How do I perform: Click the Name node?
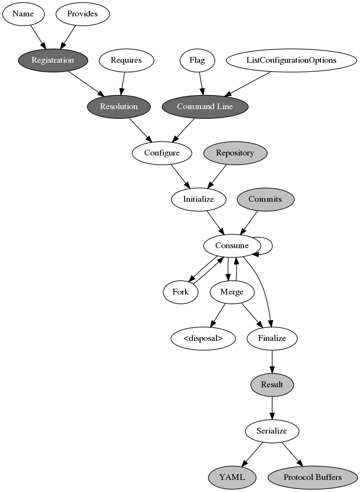click(x=23, y=14)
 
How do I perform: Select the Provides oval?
click(x=83, y=14)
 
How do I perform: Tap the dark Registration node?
click(x=53, y=60)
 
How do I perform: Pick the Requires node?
click(x=126, y=60)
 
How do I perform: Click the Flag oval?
click(x=197, y=60)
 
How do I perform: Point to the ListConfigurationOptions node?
click(x=291, y=60)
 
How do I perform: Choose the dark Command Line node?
click(x=205, y=106)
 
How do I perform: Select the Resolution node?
click(x=119, y=106)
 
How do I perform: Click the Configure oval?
click(x=162, y=153)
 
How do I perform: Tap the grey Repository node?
click(x=235, y=153)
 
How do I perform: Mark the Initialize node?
click(x=198, y=199)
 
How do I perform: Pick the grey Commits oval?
click(x=265, y=199)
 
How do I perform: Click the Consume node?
click(x=232, y=245)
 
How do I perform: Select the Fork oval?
click(x=180, y=292)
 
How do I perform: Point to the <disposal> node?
click(x=203, y=338)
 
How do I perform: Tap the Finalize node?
click(x=272, y=338)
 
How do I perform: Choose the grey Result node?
click(x=272, y=384)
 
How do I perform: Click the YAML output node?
click(x=232, y=477)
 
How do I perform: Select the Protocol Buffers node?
click(x=313, y=477)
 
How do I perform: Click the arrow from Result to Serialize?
click(x=272, y=408)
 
